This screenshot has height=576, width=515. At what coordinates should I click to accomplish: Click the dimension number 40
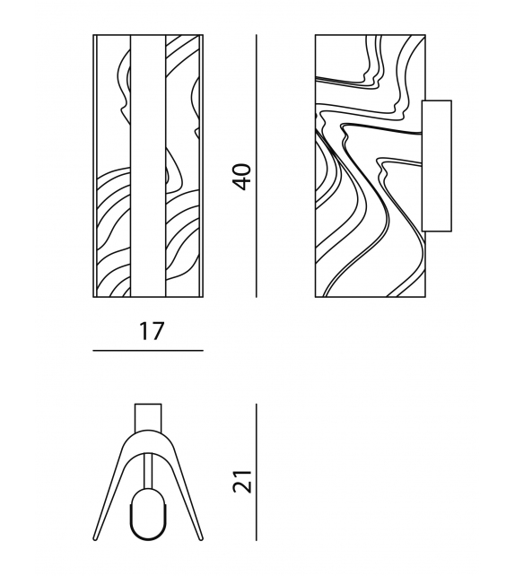(x=242, y=177)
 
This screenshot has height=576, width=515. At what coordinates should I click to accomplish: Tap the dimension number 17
(x=151, y=331)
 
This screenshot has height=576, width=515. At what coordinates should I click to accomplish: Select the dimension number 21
(x=242, y=481)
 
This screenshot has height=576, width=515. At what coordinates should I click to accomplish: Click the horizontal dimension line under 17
(x=148, y=351)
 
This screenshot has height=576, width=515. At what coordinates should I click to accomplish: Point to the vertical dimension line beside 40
(x=257, y=166)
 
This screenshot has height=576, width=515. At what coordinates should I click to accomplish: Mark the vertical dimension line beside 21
(x=257, y=472)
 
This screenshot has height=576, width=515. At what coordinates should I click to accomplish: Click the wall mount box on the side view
(x=437, y=166)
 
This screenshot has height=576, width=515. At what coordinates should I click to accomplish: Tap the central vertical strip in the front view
(x=148, y=166)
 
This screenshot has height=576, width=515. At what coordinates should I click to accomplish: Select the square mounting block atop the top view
(x=148, y=417)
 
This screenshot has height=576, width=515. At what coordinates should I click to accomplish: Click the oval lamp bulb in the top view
(x=148, y=514)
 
